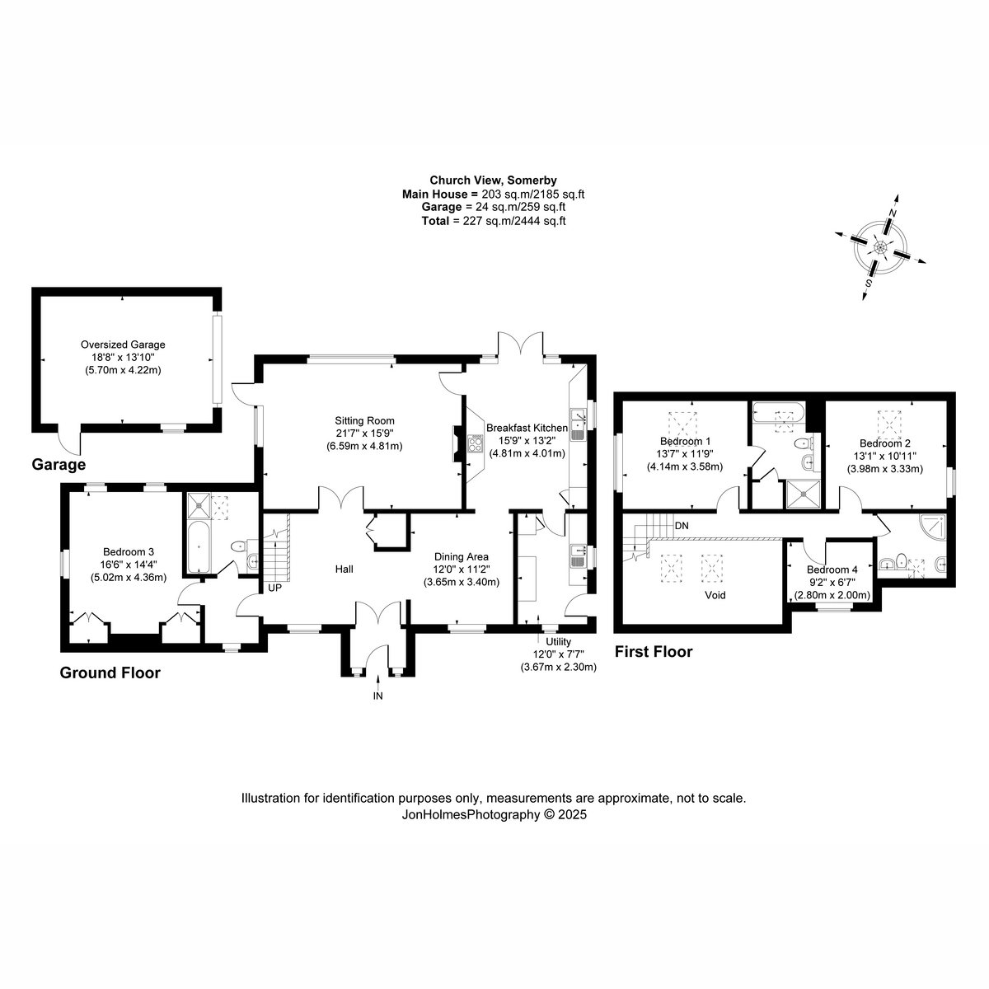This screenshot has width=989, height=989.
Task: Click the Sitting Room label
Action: click(x=364, y=421)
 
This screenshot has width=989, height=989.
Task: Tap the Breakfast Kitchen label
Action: click(x=527, y=428)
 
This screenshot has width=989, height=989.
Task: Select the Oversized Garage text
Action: click(x=123, y=345)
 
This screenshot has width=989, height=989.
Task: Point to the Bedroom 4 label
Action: click(x=832, y=569)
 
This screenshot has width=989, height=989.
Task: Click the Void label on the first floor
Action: click(x=715, y=595)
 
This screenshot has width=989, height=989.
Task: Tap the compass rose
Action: click(x=880, y=247)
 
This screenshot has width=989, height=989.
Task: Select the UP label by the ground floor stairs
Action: click(x=274, y=588)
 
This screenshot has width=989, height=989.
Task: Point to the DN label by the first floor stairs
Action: click(x=682, y=526)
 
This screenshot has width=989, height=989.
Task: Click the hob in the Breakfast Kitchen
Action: click(x=475, y=443)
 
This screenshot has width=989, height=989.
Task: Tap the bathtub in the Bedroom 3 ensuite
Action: click(x=198, y=547)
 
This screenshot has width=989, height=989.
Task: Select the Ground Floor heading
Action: click(x=110, y=673)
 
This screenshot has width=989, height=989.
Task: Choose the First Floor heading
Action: click(x=654, y=652)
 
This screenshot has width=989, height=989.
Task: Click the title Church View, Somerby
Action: click(x=493, y=180)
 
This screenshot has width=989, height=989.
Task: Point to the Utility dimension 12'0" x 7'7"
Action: click(x=559, y=654)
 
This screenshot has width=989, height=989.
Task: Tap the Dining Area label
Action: click(x=462, y=556)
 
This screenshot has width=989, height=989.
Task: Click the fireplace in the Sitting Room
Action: click(x=457, y=444)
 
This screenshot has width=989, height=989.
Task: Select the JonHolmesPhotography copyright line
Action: click(x=494, y=814)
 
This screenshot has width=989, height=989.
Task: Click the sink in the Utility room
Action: click(x=578, y=555)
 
